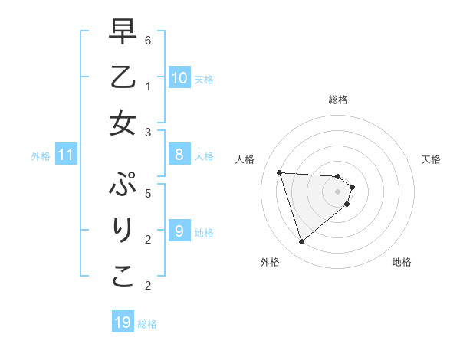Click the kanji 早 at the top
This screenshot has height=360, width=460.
[123, 33]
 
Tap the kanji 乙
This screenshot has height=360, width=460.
[123, 77]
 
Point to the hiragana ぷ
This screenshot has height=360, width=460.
[123, 185]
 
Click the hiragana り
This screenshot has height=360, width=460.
[123, 231]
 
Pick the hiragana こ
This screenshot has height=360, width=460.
[123, 277]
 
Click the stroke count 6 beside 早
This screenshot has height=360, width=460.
[148, 39]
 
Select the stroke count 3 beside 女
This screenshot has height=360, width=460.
[148, 132]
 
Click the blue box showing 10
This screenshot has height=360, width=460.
[179, 77]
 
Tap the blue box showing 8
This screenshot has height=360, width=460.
[179, 155]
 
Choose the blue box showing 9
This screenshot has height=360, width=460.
[179, 230]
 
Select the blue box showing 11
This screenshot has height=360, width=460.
[66, 155]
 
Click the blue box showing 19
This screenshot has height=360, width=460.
[123, 322]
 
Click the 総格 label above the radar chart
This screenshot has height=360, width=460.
[338, 100]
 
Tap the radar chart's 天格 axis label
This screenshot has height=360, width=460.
[431, 159]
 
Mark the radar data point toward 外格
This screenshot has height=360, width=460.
[301, 242]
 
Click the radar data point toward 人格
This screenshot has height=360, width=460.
[279, 172]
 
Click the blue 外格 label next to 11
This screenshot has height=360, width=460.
[40, 156]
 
